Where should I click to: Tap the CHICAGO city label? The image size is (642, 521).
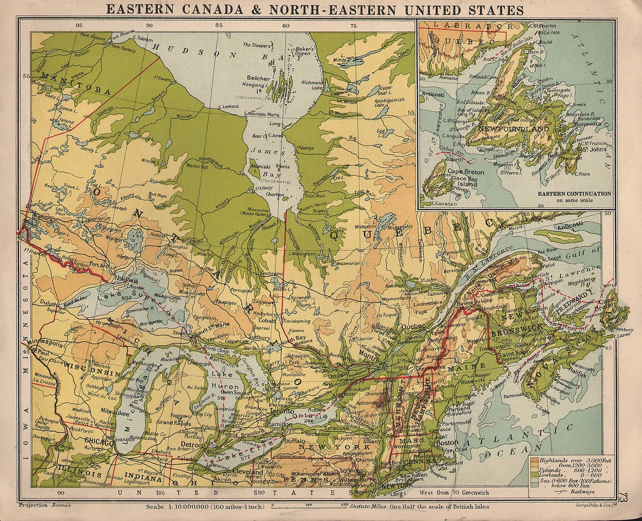click(x=100, y=442)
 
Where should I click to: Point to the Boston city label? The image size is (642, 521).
click(x=448, y=442)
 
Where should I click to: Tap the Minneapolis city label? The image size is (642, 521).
click(x=45, y=345)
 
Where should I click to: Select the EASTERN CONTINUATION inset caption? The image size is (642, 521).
click(x=574, y=193)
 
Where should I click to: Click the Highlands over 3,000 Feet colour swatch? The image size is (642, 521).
click(x=534, y=460)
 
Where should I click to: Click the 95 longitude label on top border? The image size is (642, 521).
click(x=79, y=25)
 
